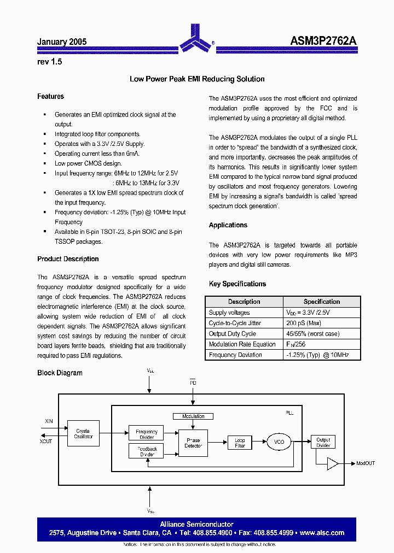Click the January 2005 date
pyautogui.click(x=62, y=42)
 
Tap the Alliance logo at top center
pyautogui.click(x=196, y=38)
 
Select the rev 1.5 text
pyautogui.click(x=49, y=62)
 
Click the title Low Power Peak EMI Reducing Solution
pyautogui.click(x=197, y=79)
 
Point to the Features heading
pyautogui.click(x=50, y=97)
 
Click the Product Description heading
pyautogui.click(x=68, y=259)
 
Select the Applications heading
pyautogui.click(x=228, y=225)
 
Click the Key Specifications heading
pyautogui.click(x=237, y=284)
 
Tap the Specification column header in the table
pyautogui.click(x=322, y=302)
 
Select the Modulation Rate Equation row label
pyautogui.click(x=242, y=344)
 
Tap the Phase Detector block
pyautogui.click(x=193, y=443)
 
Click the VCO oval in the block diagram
pyautogui.click(x=279, y=442)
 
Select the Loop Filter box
pyautogui.click(x=240, y=443)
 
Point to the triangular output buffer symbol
pyautogui.click(x=333, y=463)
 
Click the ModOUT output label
pyautogui.click(x=366, y=463)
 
